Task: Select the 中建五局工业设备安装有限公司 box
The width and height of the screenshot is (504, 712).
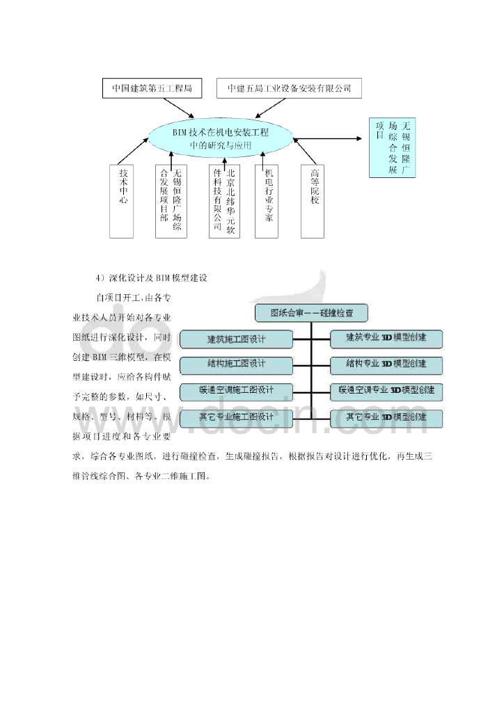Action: (x=289, y=89)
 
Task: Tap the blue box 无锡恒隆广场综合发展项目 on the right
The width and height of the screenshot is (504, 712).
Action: (x=392, y=148)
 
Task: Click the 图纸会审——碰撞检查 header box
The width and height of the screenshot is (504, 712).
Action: (x=310, y=313)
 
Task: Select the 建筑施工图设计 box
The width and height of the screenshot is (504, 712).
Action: (x=235, y=339)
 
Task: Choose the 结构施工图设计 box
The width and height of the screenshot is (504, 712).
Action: (x=235, y=365)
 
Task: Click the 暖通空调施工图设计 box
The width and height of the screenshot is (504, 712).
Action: (x=235, y=391)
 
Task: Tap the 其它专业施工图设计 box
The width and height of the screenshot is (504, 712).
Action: (x=235, y=417)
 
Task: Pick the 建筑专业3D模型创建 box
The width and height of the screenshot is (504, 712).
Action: (x=386, y=339)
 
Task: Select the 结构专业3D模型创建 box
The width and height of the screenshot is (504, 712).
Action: (x=386, y=364)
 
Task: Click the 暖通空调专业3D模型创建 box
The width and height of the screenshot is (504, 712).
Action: (x=386, y=391)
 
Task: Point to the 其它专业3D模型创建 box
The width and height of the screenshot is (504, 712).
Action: (x=386, y=417)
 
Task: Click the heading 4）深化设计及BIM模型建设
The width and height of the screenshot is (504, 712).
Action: (x=153, y=278)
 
